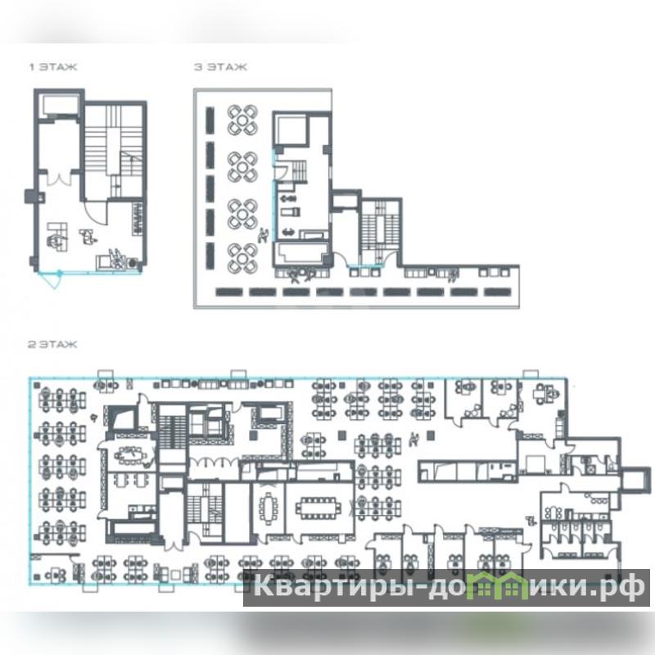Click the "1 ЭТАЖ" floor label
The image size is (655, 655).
[53, 67]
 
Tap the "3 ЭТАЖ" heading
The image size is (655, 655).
[220, 67]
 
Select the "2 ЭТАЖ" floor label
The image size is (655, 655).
[52, 344]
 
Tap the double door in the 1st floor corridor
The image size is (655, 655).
[60, 178]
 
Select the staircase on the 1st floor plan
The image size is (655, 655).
[114, 151]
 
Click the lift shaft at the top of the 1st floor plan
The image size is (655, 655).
[60, 106]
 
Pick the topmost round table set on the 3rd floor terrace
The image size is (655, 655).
[242, 120]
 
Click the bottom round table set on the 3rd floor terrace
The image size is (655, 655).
[242, 259]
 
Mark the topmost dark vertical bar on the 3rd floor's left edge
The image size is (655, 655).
[210, 120]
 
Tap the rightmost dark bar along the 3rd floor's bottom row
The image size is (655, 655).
[498, 292]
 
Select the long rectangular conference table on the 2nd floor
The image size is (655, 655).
[318, 508]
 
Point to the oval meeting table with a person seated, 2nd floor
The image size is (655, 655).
[132, 455]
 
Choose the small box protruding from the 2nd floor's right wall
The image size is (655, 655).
[636, 480]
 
